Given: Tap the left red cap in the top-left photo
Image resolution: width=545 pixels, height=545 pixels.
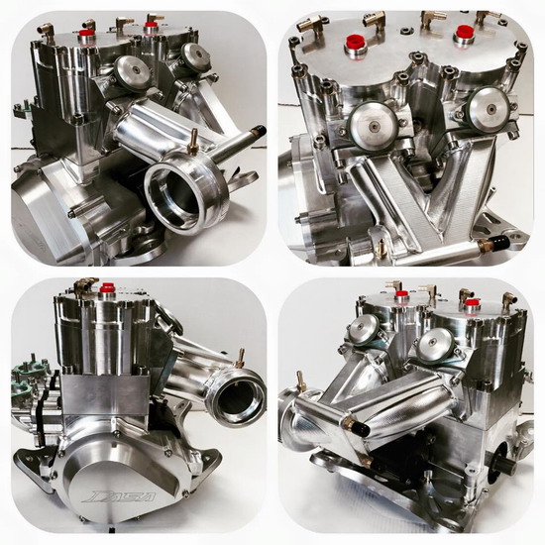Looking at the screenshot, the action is coord(84,34).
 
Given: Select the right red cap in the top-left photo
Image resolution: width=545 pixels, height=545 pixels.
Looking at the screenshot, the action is coord(150,25).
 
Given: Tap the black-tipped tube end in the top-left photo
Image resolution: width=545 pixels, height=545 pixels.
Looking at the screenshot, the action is coord(261,131).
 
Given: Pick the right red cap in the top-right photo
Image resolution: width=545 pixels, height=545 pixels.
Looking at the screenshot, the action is coord(464,32).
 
